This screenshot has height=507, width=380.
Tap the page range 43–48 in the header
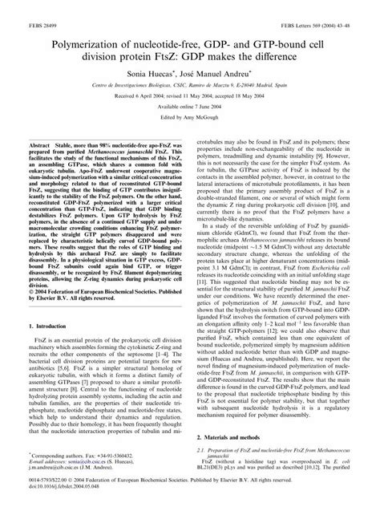coord(350,6)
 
